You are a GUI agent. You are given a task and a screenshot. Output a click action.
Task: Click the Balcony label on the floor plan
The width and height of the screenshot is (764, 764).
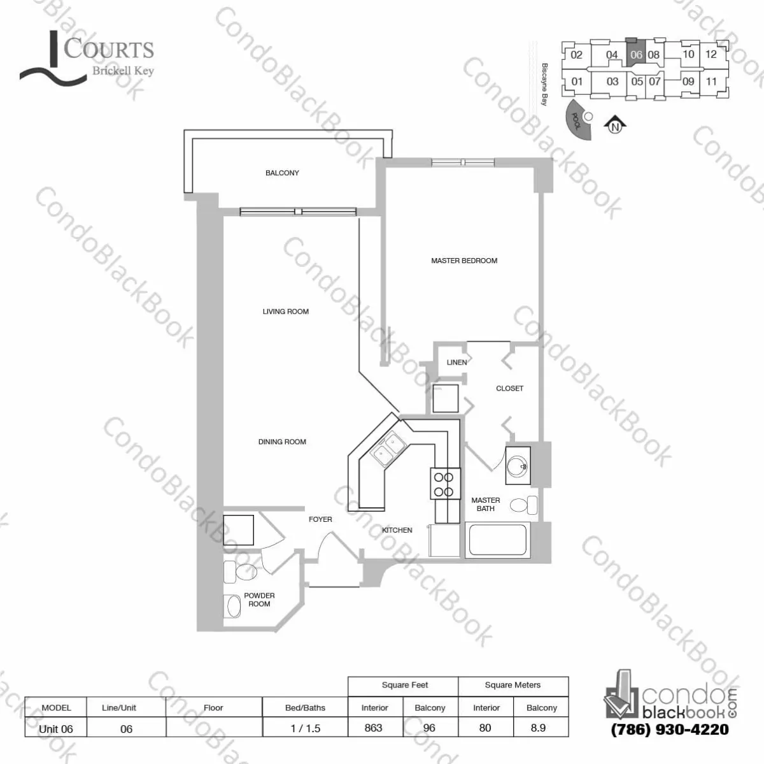pos(282,173)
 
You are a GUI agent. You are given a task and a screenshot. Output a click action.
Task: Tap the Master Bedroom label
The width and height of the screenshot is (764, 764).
pos(464,261)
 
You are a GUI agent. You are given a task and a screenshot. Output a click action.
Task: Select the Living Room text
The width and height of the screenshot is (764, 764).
pos(285,312)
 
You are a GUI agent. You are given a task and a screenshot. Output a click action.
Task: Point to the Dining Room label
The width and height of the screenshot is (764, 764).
pos(282,442)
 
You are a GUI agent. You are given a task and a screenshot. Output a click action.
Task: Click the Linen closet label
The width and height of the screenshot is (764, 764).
pos(456,363)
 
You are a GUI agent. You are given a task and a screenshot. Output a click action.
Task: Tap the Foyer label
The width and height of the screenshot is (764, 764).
pos(320,519)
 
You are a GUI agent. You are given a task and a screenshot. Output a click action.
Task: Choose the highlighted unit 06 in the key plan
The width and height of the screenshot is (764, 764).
pos(636,54)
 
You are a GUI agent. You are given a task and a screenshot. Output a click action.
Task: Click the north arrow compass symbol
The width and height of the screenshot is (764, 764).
pos(614,125)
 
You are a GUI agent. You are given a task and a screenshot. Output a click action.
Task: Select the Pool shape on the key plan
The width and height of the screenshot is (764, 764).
pos(577,120)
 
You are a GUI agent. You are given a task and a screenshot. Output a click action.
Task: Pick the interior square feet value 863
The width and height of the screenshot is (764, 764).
pos(374,728)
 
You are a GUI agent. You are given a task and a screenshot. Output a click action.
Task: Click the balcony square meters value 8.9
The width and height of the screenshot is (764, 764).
pos(538,728)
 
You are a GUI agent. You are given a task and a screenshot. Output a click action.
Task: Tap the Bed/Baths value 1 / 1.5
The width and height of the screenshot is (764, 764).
pos(305,728)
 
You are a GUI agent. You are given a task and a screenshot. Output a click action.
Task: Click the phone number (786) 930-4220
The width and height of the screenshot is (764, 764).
pos(669,729)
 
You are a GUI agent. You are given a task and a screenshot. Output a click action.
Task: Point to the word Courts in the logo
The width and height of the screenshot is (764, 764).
pos(110,49)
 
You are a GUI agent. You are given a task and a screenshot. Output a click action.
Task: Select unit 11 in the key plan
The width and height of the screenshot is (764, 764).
pos(711,82)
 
